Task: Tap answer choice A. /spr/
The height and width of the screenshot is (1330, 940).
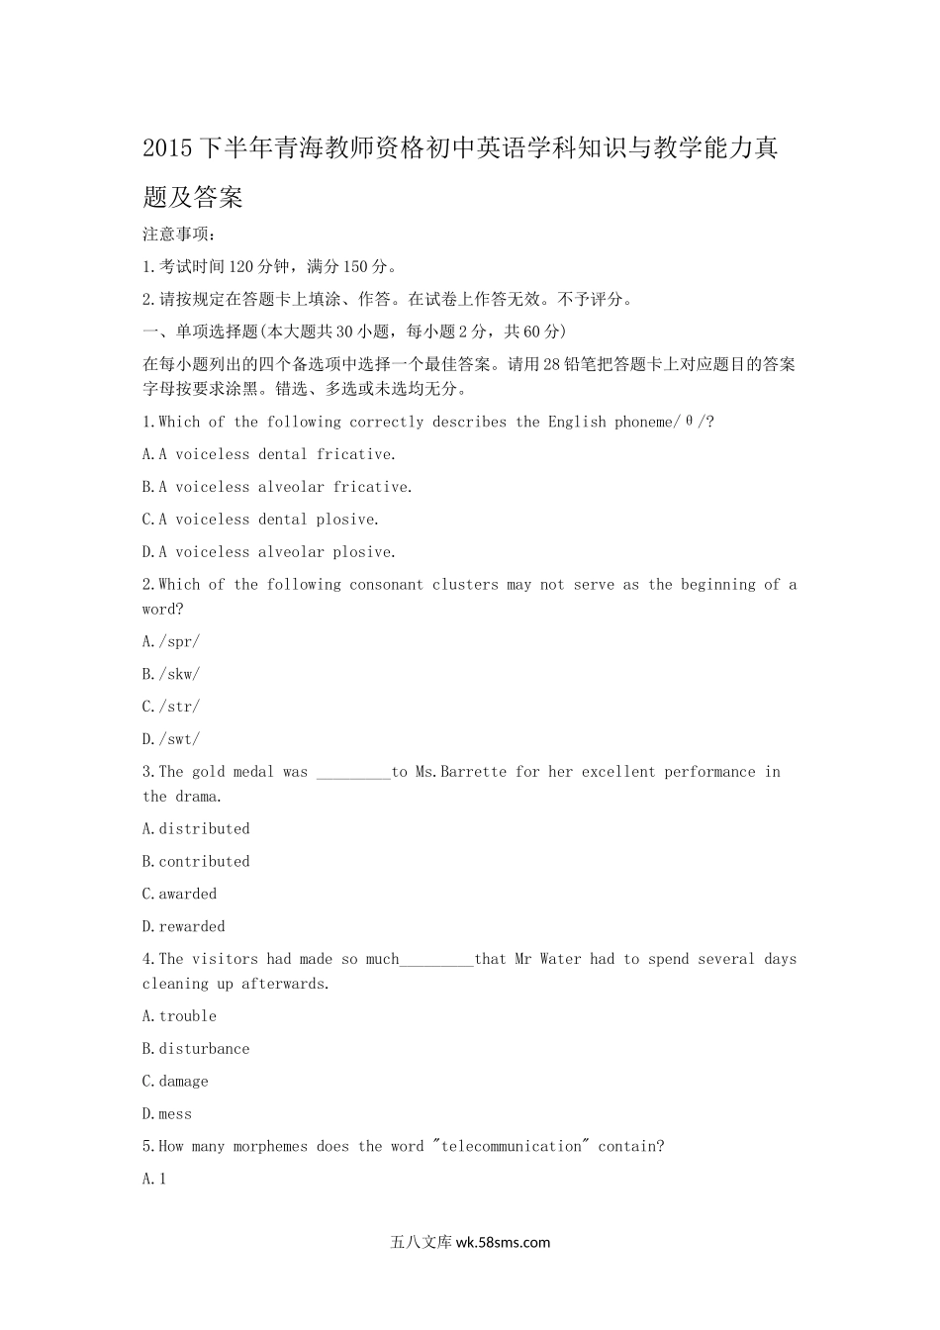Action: (x=171, y=641)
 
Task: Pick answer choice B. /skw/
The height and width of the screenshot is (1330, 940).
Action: (x=171, y=674)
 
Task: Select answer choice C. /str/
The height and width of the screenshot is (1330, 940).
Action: (x=171, y=707)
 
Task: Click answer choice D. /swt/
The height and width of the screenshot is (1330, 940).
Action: (x=171, y=739)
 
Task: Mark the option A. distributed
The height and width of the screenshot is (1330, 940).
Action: (x=196, y=829)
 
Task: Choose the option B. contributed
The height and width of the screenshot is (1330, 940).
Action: (x=196, y=862)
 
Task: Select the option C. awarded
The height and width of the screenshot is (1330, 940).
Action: (x=179, y=895)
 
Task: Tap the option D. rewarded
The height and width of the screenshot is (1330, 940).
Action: (x=183, y=927)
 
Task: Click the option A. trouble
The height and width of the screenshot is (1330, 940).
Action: (x=179, y=1016)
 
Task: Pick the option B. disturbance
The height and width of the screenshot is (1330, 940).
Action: (x=196, y=1049)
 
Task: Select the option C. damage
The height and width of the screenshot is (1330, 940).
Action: (x=175, y=1082)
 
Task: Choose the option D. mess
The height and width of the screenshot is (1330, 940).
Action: (x=167, y=1114)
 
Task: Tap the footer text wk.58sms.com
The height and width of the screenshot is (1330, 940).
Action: (x=503, y=1243)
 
